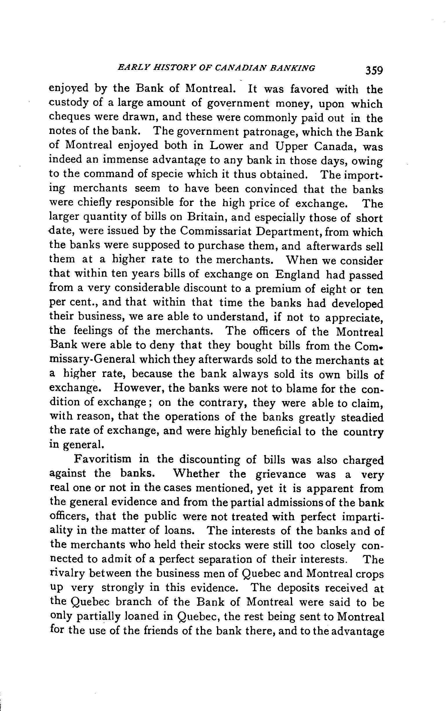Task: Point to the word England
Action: tap(297, 275)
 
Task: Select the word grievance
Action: tap(281, 474)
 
